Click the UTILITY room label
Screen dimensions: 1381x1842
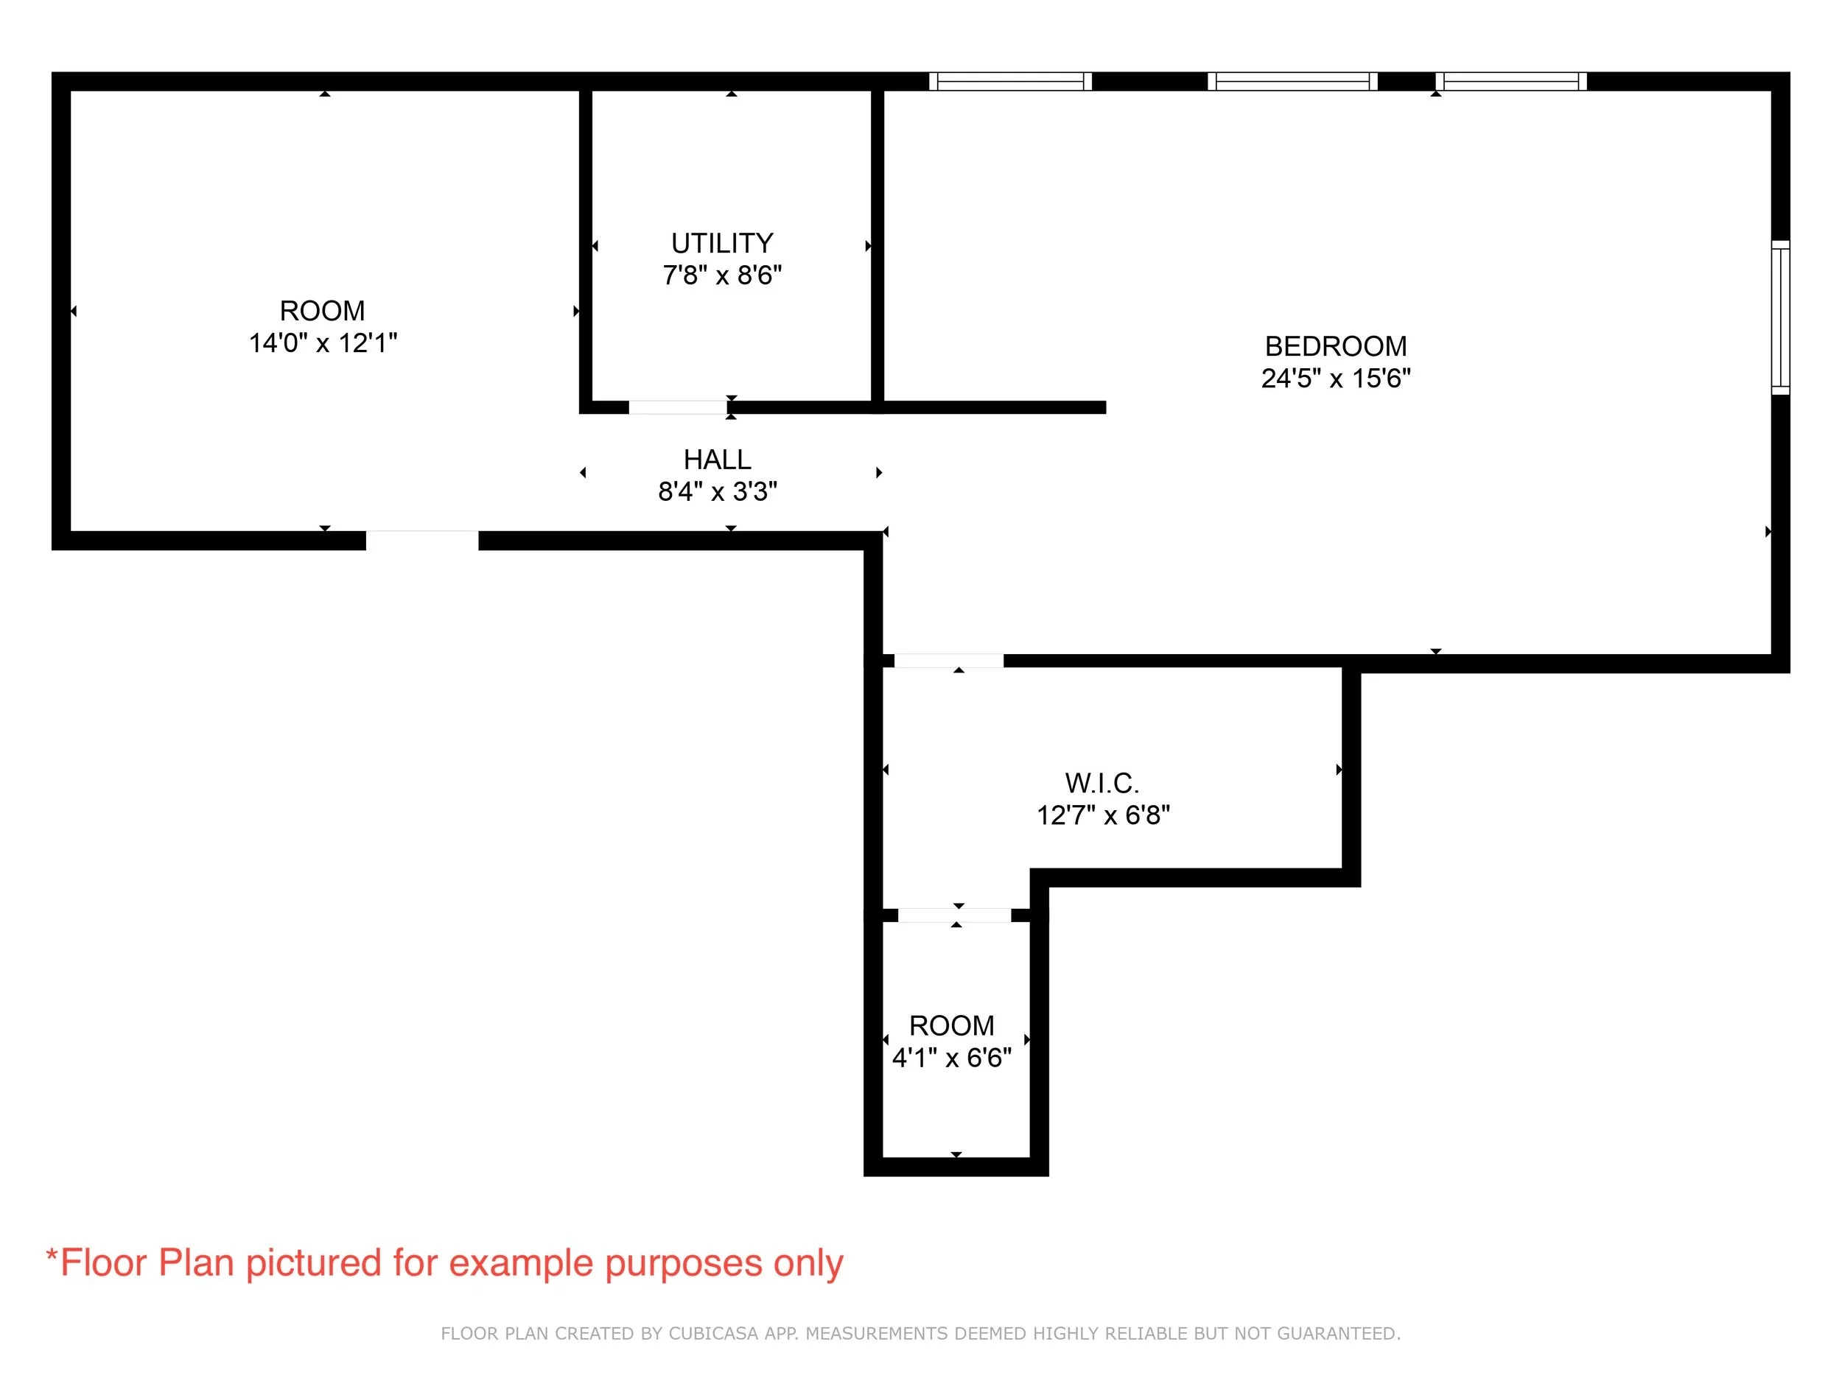coord(722,243)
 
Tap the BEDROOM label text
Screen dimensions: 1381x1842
coord(1335,346)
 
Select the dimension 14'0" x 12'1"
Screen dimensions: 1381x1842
coord(323,343)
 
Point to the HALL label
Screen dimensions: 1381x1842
coord(717,460)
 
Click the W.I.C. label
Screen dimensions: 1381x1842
coord(1102,784)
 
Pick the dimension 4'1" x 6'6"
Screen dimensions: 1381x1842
coord(951,1058)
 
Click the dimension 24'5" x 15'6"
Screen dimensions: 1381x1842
coord(1335,379)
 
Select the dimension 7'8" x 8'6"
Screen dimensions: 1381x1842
coord(722,275)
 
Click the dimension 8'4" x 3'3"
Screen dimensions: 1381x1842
coord(717,492)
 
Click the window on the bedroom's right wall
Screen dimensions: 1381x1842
coord(1779,317)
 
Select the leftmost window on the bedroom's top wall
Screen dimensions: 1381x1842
coord(1010,81)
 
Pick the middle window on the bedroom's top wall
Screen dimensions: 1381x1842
coord(1292,81)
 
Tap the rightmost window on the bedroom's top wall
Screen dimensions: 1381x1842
coord(1510,81)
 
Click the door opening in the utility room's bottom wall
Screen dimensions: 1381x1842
coord(678,407)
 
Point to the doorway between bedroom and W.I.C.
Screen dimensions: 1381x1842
coord(948,661)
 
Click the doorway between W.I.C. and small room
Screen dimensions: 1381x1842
coord(954,916)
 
